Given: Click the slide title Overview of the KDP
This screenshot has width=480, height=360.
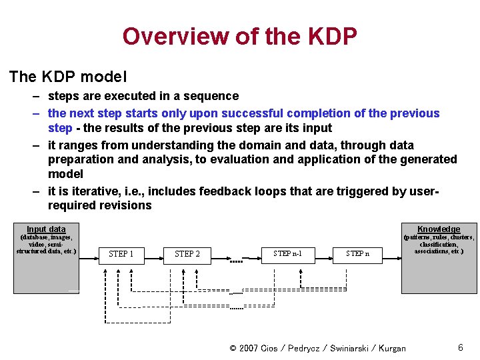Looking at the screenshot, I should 239,36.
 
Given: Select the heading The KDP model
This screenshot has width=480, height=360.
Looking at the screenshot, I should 68,77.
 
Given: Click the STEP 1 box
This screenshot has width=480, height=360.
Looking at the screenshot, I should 121,254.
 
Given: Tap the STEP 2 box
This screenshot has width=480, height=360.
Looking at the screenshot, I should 187,254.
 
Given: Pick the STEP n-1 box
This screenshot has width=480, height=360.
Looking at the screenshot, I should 287,253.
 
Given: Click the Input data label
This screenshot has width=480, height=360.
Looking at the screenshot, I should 46,229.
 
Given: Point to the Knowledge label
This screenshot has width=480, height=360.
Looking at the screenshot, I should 438,229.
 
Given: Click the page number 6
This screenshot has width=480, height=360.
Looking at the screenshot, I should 460,347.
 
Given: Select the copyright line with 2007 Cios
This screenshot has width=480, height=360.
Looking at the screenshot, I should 317,348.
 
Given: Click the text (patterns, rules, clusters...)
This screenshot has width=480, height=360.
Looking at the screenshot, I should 439,244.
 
